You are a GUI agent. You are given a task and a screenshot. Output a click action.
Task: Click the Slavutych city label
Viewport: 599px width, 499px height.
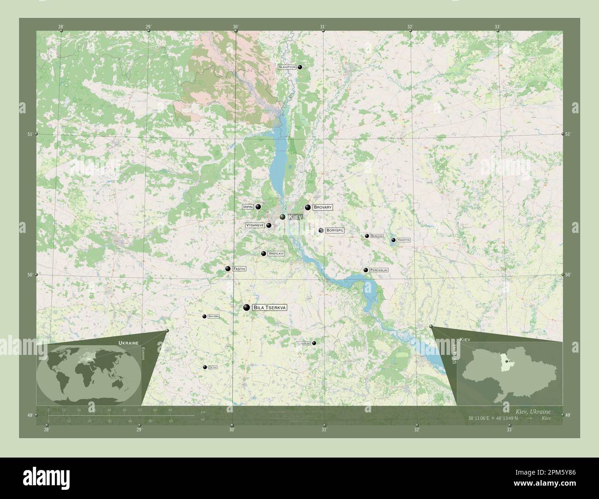click(287, 67)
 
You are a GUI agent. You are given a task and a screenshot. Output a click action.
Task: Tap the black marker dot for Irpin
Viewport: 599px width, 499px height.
click(258, 207)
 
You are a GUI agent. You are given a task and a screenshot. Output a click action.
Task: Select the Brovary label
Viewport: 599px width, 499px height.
click(323, 208)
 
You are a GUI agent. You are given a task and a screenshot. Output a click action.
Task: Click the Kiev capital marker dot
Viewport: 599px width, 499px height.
click(282, 216)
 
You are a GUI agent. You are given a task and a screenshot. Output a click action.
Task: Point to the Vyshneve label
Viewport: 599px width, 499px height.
click(255, 226)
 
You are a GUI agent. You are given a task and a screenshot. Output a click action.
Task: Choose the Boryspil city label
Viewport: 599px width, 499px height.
click(335, 230)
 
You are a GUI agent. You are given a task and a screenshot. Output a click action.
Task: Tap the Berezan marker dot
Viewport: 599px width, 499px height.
click(367, 236)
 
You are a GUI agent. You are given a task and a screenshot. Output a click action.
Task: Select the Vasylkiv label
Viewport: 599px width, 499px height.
click(276, 254)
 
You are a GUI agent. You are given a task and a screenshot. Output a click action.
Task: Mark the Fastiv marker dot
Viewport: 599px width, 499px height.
click(228, 268)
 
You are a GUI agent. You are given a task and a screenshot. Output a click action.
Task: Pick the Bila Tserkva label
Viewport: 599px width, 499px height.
click(270, 308)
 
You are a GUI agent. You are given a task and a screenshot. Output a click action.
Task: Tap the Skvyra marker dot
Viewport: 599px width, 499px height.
click(204, 316)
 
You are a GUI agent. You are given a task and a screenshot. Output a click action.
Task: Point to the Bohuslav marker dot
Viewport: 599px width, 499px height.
click(314, 343)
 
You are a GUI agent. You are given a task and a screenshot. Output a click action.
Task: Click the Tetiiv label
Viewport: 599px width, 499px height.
click(212, 367)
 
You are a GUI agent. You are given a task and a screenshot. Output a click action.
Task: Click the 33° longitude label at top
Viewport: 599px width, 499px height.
click(497, 27)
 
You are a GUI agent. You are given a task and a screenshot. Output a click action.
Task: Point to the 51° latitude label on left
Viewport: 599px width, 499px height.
click(29, 134)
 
